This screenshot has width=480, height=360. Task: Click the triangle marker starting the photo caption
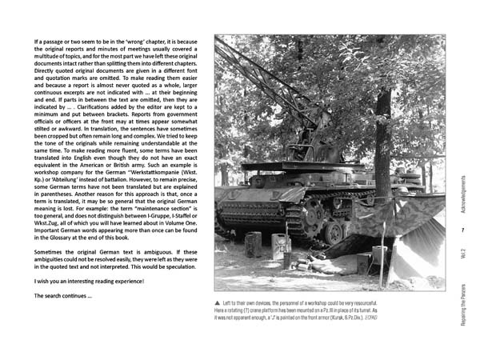[x=218, y=302]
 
